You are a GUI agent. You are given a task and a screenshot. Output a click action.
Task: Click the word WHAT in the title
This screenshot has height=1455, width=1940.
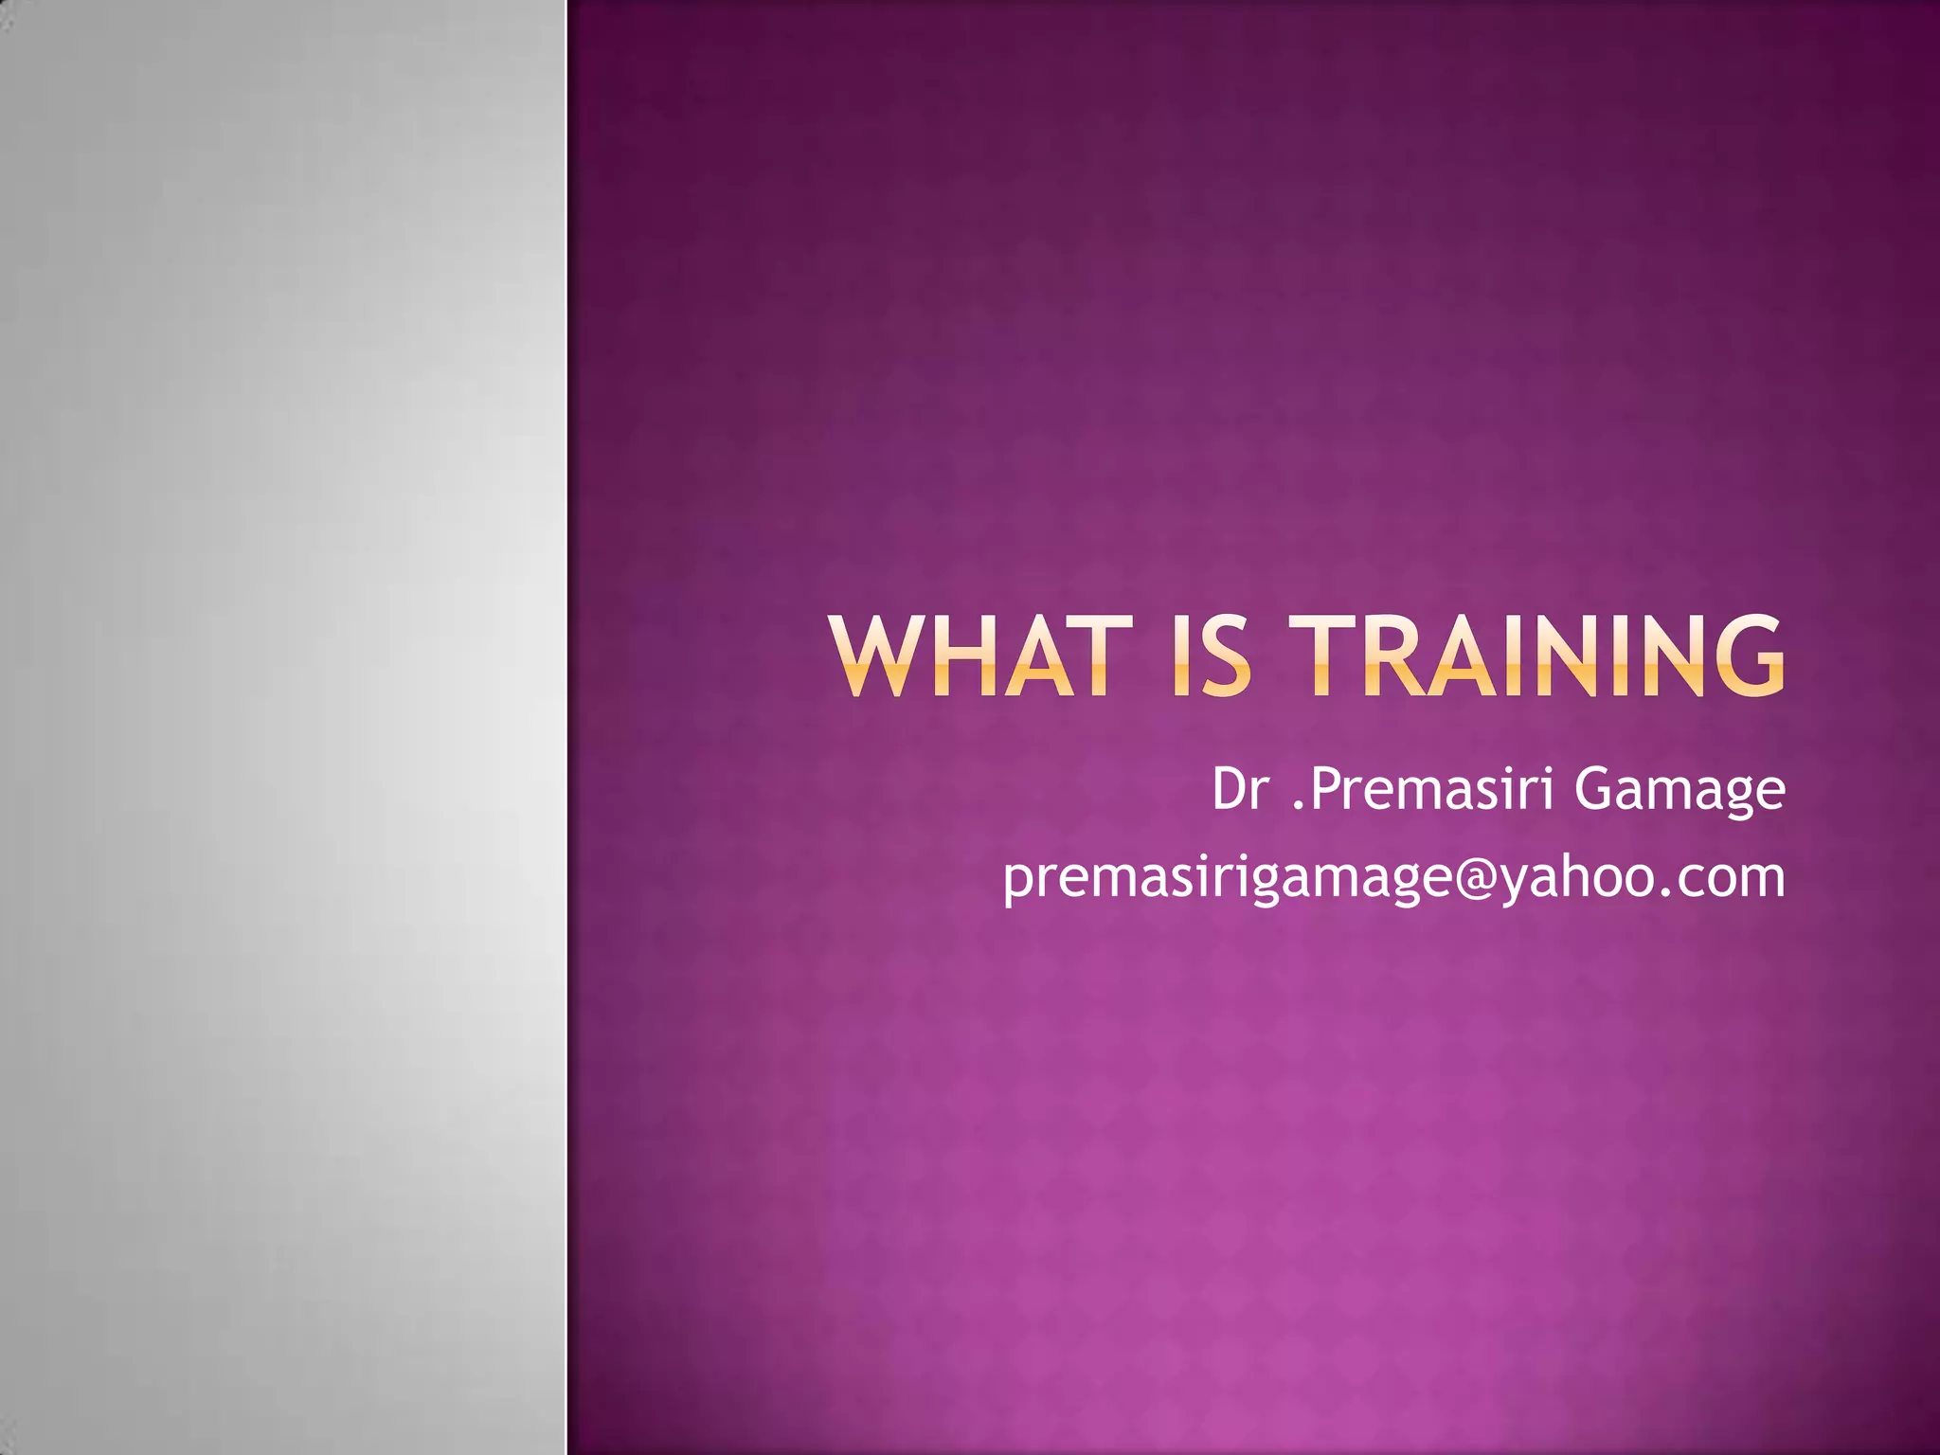[972, 656]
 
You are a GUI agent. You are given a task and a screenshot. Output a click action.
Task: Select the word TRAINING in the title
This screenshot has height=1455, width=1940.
[1541, 656]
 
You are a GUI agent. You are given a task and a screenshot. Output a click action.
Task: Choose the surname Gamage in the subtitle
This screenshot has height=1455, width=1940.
[1680, 791]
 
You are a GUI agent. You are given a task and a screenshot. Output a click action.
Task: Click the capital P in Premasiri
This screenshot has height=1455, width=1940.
[1327, 789]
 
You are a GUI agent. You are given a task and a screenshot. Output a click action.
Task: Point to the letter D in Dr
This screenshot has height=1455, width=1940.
[1229, 789]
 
